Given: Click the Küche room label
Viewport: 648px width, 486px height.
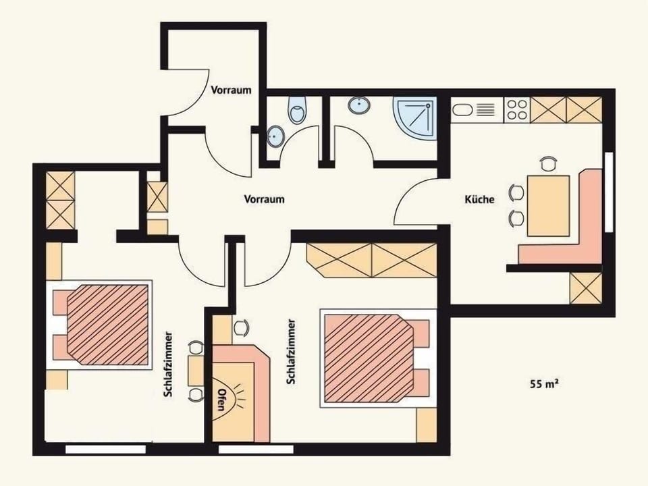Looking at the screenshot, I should [x=479, y=200].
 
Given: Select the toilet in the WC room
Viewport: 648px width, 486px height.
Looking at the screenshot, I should [x=297, y=110].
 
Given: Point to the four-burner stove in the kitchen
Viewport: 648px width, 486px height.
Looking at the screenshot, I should [x=516, y=110].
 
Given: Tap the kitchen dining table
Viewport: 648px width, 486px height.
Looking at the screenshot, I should [x=548, y=205].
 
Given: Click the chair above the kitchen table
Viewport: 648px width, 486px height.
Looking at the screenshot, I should [x=549, y=163].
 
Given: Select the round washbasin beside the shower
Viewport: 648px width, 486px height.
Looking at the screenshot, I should [x=359, y=106].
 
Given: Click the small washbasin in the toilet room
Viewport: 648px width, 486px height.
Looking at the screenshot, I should [x=275, y=136].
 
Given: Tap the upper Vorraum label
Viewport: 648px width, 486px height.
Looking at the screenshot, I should [x=231, y=90].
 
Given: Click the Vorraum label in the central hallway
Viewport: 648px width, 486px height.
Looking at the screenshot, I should [x=264, y=200].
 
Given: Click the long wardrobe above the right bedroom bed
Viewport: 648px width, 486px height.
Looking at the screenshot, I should [x=372, y=260].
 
